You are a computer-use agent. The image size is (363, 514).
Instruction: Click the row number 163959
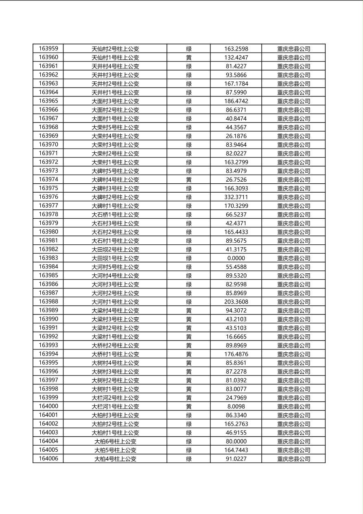48,48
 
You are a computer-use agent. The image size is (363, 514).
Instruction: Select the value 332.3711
236,197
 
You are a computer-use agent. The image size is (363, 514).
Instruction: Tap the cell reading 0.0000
236,258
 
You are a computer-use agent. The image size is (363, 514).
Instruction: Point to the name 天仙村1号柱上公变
115,57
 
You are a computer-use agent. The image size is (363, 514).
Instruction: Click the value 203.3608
236,302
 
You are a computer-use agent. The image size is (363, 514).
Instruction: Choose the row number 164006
48,459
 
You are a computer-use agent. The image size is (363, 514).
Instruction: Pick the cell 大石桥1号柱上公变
115,215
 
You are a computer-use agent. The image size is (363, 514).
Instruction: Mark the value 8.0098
236,406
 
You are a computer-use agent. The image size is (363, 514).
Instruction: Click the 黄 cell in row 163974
189,180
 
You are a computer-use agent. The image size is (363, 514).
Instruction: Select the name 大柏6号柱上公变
115,442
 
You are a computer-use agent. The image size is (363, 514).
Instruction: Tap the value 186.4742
236,101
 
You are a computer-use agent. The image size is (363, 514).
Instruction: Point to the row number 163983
48,258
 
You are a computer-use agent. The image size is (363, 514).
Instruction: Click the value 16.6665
236,337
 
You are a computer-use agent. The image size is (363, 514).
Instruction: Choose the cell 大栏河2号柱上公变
115,398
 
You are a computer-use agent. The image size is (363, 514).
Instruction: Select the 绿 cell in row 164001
189,415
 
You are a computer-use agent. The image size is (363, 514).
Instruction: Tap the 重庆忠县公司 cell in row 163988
293,302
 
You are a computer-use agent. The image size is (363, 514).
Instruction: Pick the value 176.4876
236,354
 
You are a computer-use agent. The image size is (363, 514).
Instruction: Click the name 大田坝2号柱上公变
115,249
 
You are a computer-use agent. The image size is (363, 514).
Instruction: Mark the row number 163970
48,145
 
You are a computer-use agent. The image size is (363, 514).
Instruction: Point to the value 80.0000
236,442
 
